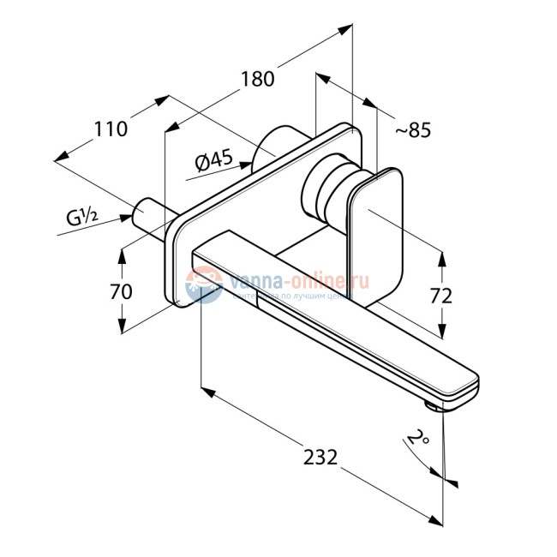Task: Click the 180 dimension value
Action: pyautogui.click(x=257, y=79)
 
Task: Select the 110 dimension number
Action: pyautogui.click(x=111, y=129)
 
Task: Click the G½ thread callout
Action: pyautogui.click(x=84, y=218)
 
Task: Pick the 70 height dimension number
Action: pyautogui.click(x=122, y=291)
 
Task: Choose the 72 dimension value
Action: pyautogui.click(x=440, y=296)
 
